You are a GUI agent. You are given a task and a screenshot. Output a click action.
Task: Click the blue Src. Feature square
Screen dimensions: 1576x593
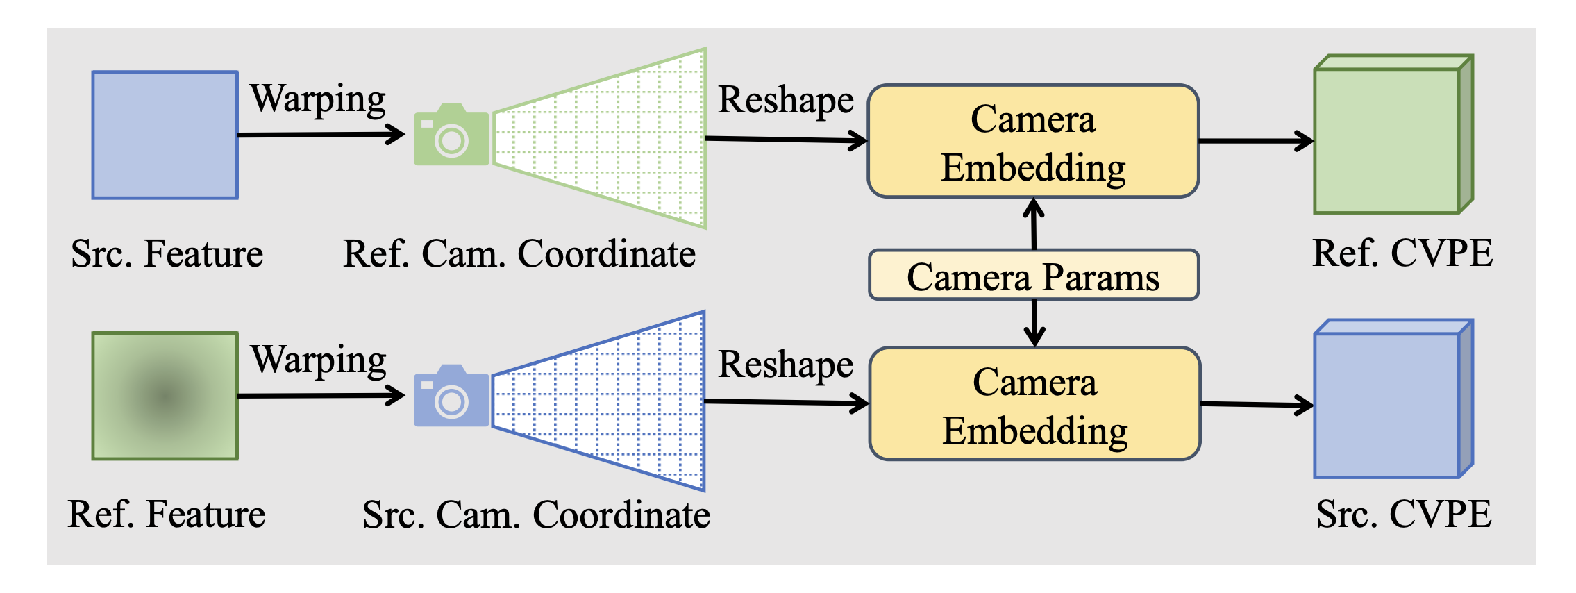coord(165,135)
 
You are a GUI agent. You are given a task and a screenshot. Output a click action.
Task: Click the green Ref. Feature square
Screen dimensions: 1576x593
coord(165,396)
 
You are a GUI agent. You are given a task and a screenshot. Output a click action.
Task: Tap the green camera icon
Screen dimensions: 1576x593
coord(451,135)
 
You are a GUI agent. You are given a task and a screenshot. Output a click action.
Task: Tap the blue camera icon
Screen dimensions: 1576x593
coord(451,396)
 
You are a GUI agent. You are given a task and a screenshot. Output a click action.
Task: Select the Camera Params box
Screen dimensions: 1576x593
coord(1034,275)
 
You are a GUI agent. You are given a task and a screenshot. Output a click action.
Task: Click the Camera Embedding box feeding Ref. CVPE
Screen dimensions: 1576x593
coord(1034,141)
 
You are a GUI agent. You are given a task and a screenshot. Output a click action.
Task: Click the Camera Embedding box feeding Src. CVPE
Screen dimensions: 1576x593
coord(1035,403)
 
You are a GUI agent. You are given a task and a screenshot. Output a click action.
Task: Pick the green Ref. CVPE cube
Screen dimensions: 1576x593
coord(1393,134)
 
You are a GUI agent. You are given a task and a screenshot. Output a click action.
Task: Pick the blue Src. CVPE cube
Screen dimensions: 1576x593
coord(1393,399)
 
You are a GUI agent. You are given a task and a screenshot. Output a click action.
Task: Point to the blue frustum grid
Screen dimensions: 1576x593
coord(599,401)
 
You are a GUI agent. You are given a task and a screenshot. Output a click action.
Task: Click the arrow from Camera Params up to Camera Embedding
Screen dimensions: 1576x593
coord(1034,224)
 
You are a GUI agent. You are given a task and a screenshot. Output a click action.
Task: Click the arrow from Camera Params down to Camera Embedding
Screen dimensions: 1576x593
coord(1034,324)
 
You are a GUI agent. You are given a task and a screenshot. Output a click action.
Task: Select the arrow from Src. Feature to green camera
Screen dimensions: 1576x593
coord(321,134)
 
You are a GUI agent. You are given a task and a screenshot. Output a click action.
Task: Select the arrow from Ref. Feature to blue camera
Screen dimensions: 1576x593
coord(321,396)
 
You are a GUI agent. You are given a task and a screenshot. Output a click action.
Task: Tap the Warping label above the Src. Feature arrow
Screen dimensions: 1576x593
coord(318,99)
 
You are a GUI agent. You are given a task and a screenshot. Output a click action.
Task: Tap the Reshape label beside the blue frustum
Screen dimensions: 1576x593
coord(786,365)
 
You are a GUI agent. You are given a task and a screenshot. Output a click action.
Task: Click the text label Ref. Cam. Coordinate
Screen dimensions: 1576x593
coord(519,253)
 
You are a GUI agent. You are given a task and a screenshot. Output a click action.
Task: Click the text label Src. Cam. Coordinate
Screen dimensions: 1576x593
coord(536,515)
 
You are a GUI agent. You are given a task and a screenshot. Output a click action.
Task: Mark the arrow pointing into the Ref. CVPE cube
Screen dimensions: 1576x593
coord(1257,141)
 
